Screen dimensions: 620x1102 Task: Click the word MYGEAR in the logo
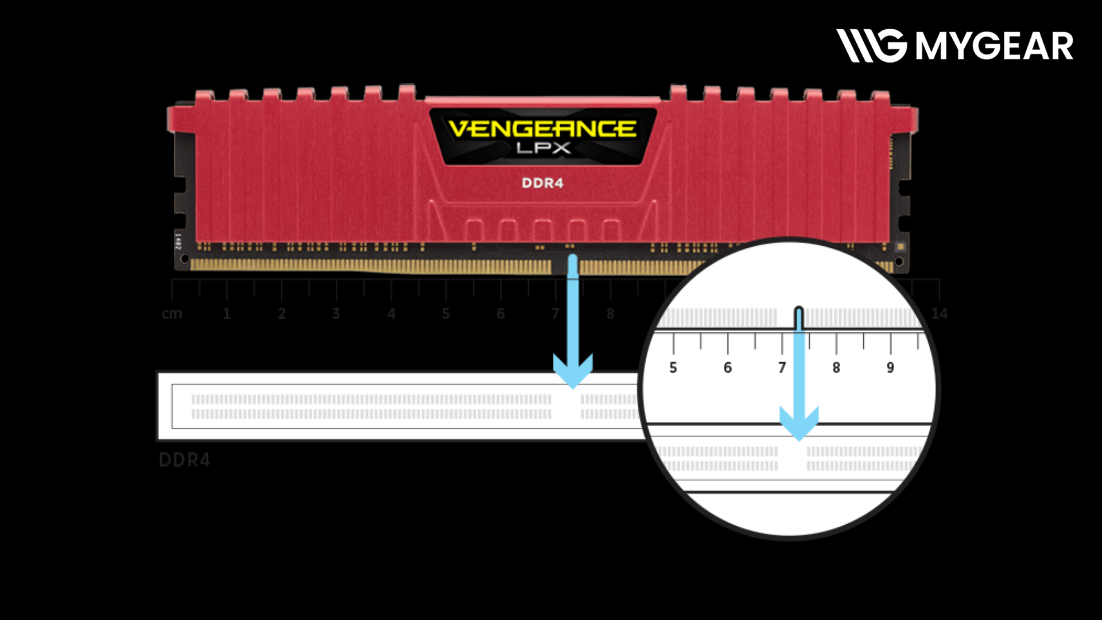point(994,46)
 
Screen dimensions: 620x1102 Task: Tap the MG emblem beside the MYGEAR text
point(871,45)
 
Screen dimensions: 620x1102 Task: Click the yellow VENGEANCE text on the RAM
point(542,129)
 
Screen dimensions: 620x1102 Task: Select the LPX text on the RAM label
point(543,148)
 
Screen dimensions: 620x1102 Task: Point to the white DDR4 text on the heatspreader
point(542,183)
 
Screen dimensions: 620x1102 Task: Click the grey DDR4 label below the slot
point(184,460)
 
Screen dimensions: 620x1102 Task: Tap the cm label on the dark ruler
point(172,314)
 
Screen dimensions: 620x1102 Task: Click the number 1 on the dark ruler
point(227,314)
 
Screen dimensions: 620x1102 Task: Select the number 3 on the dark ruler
point(336,314)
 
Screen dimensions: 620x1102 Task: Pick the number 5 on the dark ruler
point(446,314)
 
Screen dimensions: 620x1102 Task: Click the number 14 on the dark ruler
point(939,314)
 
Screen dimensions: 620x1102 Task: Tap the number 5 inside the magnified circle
point(673,367)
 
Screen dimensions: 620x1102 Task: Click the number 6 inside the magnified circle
point(728,367)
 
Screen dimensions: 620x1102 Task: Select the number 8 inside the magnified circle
point(836,367)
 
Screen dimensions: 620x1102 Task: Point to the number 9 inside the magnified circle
point(890,367)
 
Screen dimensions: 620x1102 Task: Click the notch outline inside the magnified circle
point(798,317)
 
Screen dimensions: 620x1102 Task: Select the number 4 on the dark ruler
point(391,314)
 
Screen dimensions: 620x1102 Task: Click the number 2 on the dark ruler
point(282,314)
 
